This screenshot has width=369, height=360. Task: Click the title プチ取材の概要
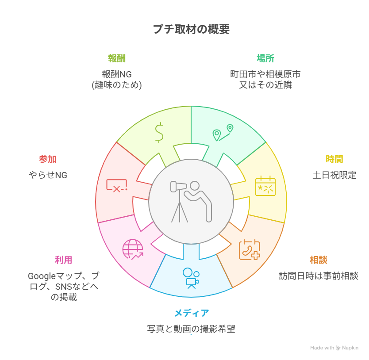191,29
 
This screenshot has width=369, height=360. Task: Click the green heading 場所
265,58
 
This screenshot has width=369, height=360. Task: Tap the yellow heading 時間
334,159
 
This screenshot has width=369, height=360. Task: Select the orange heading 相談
319,260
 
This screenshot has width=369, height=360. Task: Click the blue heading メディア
191,313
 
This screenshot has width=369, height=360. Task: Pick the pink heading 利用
63,260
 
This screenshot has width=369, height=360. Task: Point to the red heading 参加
48,159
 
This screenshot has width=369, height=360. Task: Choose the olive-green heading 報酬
117,58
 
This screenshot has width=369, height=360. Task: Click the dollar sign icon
159,132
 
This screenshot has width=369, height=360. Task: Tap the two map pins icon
223,132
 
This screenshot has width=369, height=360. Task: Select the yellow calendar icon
265,186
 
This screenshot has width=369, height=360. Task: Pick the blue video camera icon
191,278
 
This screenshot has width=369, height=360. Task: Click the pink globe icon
133,249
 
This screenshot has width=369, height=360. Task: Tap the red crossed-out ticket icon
117,185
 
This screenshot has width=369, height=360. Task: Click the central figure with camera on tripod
191,201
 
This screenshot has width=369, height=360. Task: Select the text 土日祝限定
334,175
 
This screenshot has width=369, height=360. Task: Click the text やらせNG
48,175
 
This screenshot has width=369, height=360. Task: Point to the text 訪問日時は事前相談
319,276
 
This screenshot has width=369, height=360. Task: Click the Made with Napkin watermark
334,348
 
